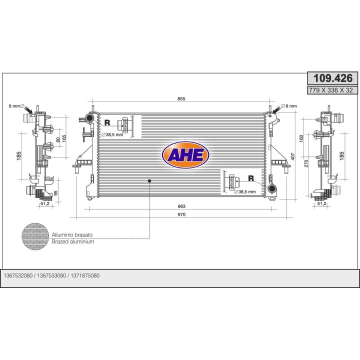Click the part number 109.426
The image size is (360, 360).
(x=332, y=78)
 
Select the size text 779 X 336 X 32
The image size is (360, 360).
(x=332, y=90)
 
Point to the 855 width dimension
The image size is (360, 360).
(x=181, y=99)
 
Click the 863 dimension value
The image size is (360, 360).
(x=181, y=206)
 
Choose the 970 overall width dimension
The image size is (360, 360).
(x=181, y=214)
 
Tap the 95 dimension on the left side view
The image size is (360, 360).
(x=56, y=192)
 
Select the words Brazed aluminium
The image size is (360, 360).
(x=73, y=241)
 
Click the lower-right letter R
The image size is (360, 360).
(x=250, y=178)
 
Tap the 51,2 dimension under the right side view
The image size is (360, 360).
(x=321, y=203)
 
